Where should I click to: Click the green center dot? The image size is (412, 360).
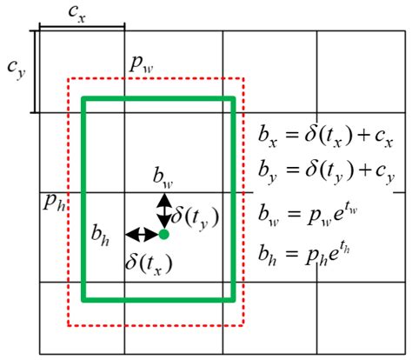coord(163,234)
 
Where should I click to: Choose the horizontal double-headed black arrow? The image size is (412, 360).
coord(141,234)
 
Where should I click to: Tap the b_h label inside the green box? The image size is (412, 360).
coord(102,233)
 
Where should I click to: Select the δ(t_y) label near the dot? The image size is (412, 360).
coord(194,214)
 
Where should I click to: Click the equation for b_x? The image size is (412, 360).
coord(326,137)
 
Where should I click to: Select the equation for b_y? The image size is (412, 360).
coord(326,174)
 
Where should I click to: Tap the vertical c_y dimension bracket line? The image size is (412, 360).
coord(34,71)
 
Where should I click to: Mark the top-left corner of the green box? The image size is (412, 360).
coord(83,99)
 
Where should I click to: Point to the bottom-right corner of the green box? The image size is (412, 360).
coord(234,300)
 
